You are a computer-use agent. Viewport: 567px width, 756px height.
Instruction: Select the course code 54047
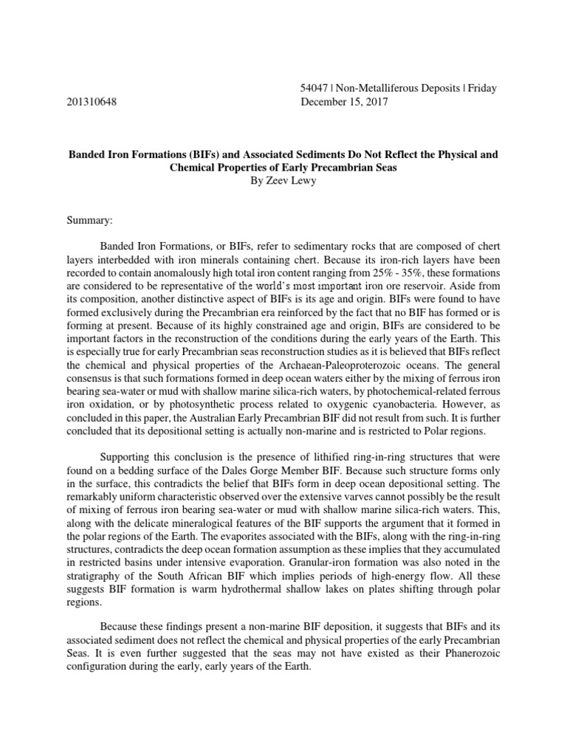point(315,89)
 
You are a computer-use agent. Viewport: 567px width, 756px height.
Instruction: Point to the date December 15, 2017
point(344,102)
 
